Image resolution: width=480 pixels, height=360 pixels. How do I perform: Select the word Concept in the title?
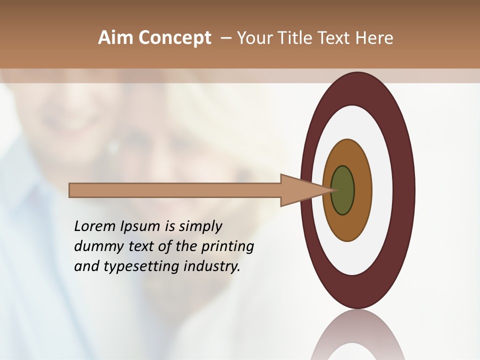(x=174, y=38)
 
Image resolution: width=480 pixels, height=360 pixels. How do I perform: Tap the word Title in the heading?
(x=295, y=38)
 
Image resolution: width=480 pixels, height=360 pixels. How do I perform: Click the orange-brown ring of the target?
(x=362, y=190)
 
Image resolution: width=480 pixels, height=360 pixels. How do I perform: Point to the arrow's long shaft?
(x=175, y=190)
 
